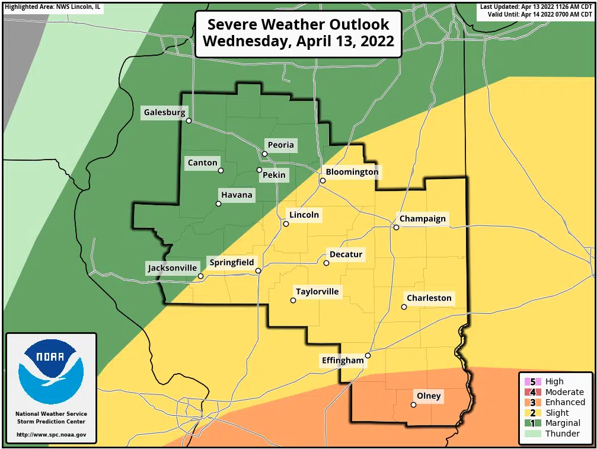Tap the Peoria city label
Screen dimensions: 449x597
(x=280, y=145)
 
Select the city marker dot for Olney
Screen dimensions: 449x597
(x=413, y=405)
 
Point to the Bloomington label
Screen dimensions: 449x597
(x=352, y=172)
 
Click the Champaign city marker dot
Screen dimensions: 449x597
(x=396, y=227)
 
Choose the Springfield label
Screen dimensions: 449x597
(x=231, y=262)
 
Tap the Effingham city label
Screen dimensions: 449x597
(x=342, y=360)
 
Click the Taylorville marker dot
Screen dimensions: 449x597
(x=293, y=301)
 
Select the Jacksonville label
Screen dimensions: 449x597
(x=172, y=268)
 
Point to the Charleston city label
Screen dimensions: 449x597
(x=429, y=298)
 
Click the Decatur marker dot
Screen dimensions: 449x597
(x=326, y=263)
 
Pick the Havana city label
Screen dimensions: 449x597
(x=237, y=195)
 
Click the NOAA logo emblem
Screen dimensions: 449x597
(x=51, y=371)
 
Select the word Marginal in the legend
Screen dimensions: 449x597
(x=563, y=423)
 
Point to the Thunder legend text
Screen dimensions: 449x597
(x=563, y=434)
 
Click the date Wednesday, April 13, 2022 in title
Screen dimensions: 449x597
(x=298, y=42)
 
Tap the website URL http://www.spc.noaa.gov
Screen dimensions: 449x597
(x=51, y=435)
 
